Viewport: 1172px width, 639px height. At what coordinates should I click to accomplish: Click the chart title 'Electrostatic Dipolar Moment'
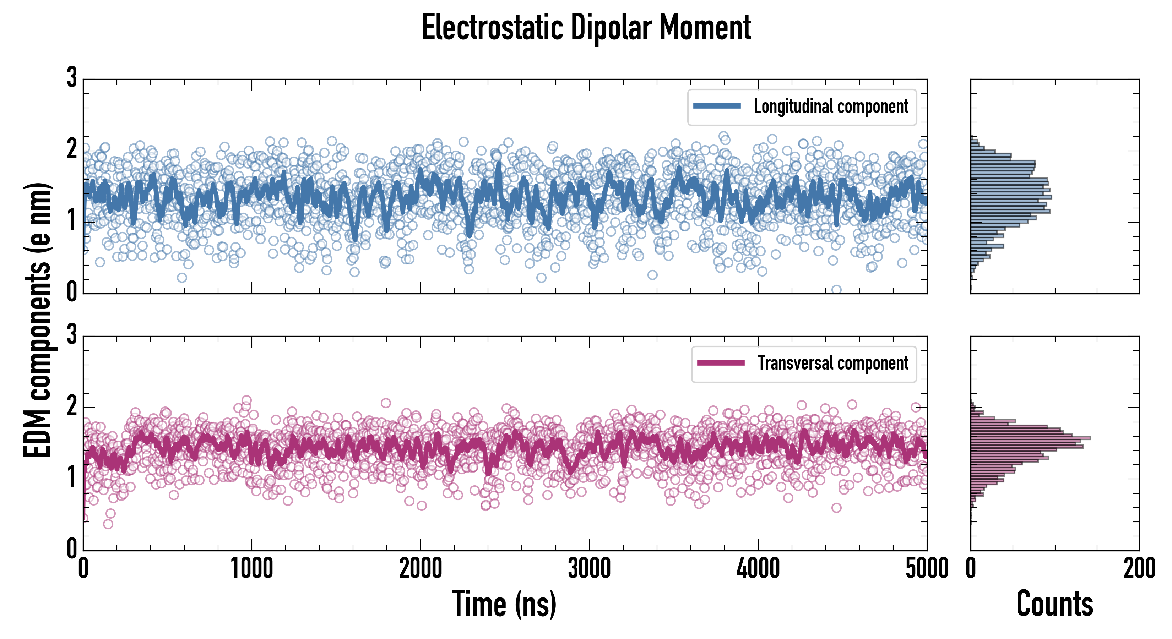click(586, 28)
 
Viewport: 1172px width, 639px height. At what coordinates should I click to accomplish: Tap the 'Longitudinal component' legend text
click(831, 106)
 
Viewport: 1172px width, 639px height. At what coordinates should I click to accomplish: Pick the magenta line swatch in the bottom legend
click(721, 362)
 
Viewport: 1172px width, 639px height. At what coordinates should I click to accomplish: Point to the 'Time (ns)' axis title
click(504, 603)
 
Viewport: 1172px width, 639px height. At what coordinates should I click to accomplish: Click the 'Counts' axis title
click(1054, 603)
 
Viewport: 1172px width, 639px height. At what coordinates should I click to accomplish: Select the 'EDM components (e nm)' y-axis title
click(37, 320)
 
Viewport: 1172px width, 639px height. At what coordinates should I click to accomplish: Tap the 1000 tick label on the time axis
click(251, 568)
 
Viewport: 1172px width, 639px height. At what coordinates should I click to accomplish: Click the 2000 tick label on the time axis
click(420, 568)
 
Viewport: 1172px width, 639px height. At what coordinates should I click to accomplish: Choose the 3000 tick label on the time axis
click(589, 568)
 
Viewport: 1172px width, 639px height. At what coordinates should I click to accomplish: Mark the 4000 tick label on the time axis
click(758, 568)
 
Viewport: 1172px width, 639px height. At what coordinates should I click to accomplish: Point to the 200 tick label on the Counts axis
click(1139, 568)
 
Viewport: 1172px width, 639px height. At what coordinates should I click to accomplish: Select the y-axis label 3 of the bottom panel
click(72, 335)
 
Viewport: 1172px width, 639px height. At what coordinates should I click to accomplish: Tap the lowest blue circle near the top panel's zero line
click(836, 290)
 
